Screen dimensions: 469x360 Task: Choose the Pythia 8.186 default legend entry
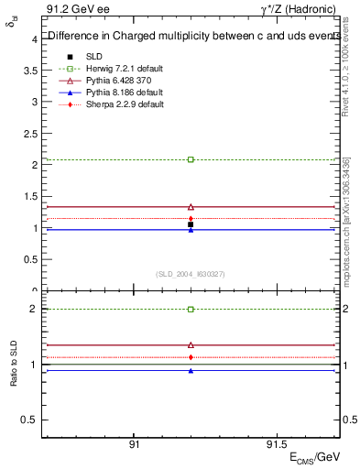point(116,93)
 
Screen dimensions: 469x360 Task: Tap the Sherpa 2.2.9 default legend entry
point(116,104)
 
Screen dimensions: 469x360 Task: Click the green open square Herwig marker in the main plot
point(191,159)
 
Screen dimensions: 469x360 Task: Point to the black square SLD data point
point(191,224)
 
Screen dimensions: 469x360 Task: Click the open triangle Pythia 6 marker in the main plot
point(191,207)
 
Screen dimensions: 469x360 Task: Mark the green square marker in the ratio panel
point(191,310)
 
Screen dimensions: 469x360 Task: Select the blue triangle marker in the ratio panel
point(191,371)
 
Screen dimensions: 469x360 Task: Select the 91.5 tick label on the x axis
point(274,442)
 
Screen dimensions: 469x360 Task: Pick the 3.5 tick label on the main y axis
point(30,71)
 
